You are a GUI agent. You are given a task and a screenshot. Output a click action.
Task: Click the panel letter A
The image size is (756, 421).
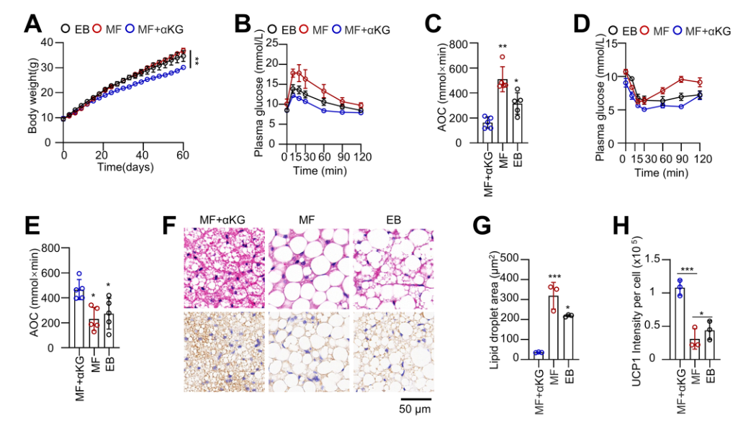[32, 23]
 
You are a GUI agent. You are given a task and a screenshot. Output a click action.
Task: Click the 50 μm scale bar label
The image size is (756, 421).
[416, 409]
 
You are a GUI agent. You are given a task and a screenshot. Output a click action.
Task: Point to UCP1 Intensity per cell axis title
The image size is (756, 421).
[624, 308]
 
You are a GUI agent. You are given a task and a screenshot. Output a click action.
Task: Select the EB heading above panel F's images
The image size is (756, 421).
[391, 219]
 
